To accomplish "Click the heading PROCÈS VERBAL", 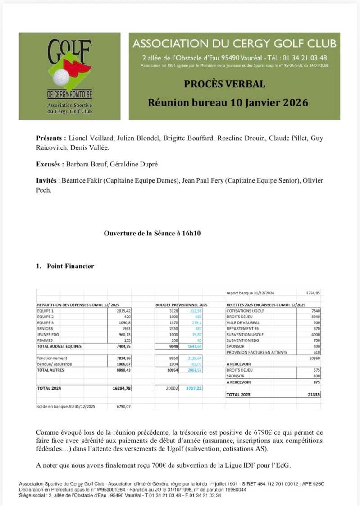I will (x=224, y=84).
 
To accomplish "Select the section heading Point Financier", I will (x=70, y=266).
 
